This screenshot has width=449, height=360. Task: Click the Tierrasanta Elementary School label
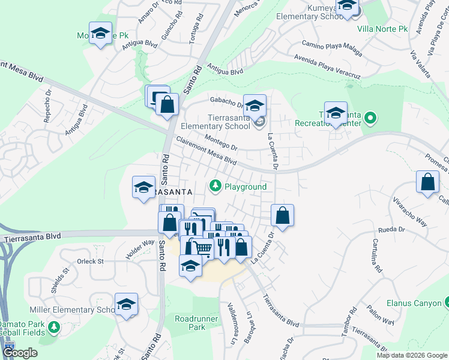pyautogui.click(x=216, y=121)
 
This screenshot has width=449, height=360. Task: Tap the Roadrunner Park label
pyautogui.click(x=190, y=323)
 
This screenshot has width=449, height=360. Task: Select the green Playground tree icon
pyautogui.click(x=215, y=187)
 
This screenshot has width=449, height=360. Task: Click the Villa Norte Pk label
pyautogui.click(x=382, y=28)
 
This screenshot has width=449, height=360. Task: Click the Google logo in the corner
pyautogui.click(x=20, y=353)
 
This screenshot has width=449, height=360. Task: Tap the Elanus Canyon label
pyautogui.click(x=414, y=304)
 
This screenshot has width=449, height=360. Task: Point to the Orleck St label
pyautogui.click(x=91, y=262)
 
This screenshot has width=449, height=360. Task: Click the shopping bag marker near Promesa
pyautogui.click(x=427, y=182)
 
